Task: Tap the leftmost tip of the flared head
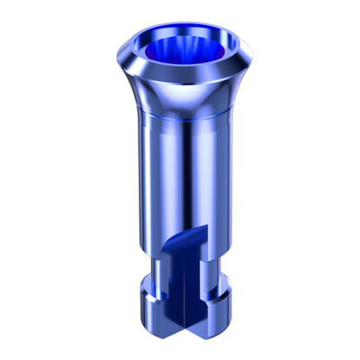point(119,44)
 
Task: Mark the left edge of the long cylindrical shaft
point(141,180)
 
